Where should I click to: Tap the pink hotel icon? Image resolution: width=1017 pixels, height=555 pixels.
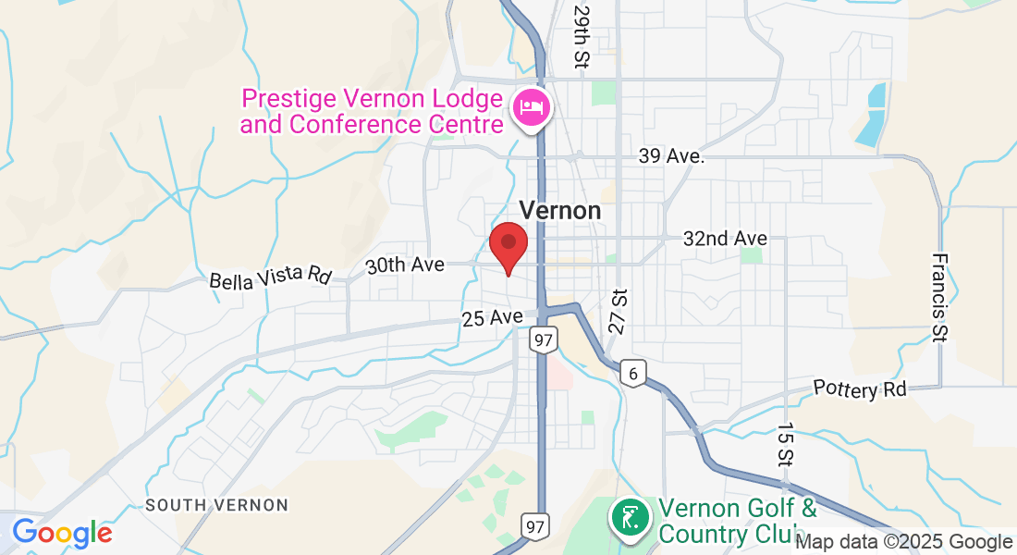point(531,108)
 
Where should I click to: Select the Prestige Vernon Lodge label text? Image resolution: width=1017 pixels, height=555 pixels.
point(373,110)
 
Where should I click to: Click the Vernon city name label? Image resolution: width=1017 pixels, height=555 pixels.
point(560,211)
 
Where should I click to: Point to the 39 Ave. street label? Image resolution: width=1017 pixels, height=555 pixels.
point(671,156)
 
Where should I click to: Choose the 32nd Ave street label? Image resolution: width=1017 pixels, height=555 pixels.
point(725,238)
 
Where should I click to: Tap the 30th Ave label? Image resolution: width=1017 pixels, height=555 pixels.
point(405,265)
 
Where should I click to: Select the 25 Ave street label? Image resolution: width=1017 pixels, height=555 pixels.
point(493,318)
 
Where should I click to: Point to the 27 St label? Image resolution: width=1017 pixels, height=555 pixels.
point(619,311)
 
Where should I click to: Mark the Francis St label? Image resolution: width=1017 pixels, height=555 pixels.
point(939,298)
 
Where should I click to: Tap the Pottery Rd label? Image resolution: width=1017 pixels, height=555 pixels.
point(860,388)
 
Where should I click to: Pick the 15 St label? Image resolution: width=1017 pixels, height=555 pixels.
point(785,446)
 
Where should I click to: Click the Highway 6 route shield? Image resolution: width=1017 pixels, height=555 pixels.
point(633,373)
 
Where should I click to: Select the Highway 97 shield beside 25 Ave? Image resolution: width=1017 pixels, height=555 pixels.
point(543,339)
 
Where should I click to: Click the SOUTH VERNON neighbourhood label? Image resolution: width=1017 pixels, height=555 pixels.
point(217,505)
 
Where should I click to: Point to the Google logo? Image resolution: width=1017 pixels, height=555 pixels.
point(62,533)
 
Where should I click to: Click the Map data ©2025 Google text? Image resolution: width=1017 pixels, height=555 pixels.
point(904,542)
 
